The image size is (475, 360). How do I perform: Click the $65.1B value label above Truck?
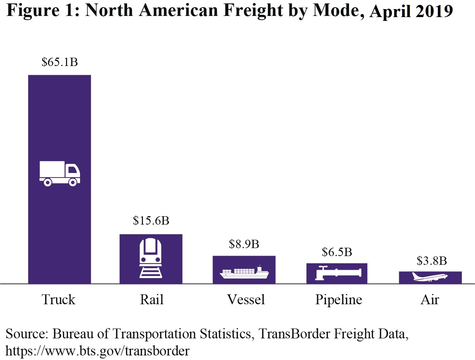[60, 62]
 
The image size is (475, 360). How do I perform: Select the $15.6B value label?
[151, 221]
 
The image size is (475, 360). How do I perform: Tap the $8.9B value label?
[244, 244]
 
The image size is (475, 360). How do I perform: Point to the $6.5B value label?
[337, 252]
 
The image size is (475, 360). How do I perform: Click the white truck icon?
[60, 173]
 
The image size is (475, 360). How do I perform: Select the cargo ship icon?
[244, 272]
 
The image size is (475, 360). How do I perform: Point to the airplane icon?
[430, 277]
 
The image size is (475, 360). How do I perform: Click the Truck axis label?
[58, 300]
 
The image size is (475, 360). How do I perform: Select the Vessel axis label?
[246, 300]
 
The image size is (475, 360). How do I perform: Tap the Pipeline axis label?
[338, 300]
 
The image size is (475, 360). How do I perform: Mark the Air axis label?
[430, 300]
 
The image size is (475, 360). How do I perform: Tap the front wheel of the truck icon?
[73, 182]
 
